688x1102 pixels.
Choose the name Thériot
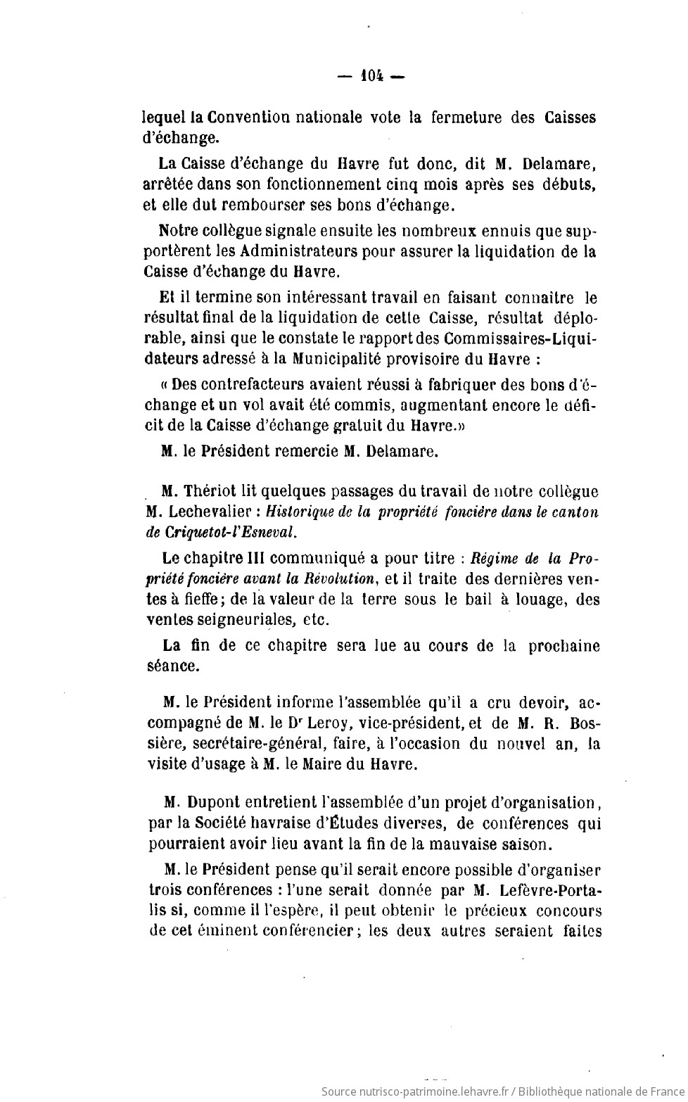click(x=209, y=491)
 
